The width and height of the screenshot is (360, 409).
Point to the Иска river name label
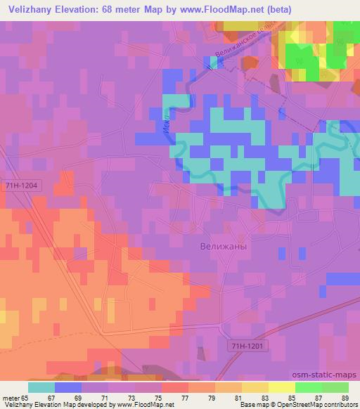point(166,124)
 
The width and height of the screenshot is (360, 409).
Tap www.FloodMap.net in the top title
point(212,8)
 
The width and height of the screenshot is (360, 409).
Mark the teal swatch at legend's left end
point(41,387)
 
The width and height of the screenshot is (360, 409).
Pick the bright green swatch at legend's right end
point(335,387)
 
